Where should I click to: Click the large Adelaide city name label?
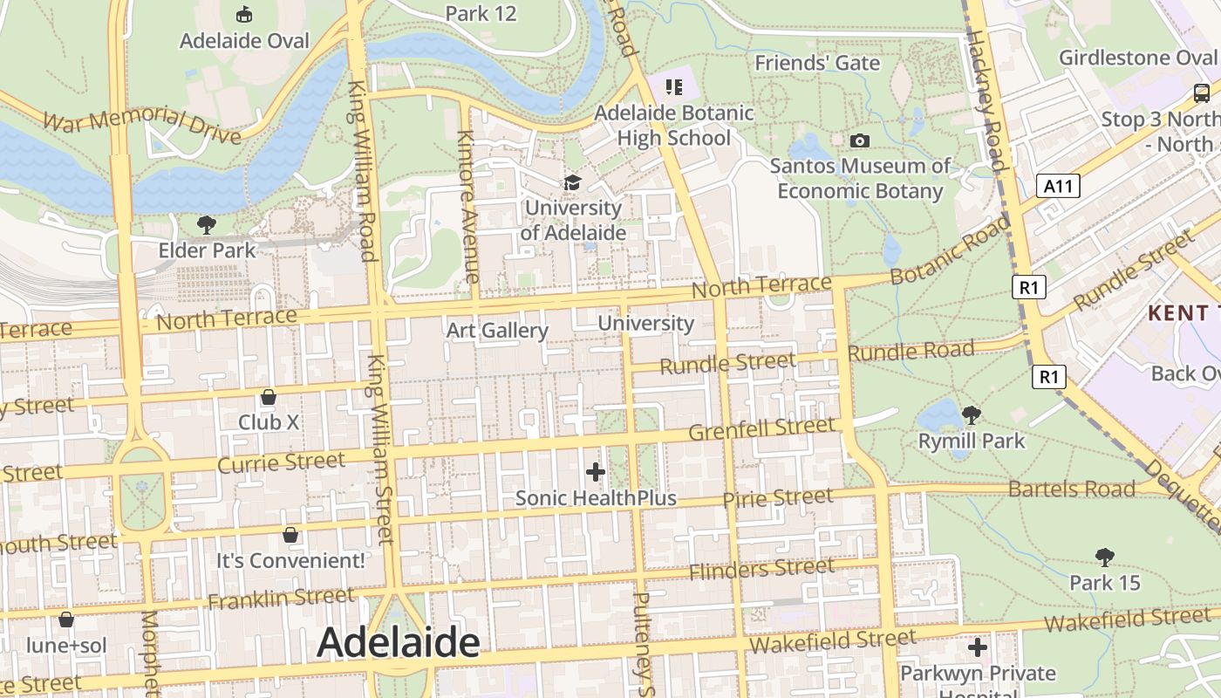[398, 643]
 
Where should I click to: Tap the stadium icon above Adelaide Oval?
[245, 15]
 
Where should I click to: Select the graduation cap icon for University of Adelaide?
[572, 182]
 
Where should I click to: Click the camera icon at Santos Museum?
[860, 140]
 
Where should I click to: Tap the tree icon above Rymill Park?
[971, 415]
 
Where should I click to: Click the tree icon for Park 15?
[1105, 557]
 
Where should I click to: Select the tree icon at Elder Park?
[207, 226]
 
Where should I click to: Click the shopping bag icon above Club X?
[269, 397]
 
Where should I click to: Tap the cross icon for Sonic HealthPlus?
[596, 473]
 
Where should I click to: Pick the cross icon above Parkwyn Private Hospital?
[978, 647]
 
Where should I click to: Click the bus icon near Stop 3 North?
[1202, 92]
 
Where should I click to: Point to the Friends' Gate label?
[817, 63]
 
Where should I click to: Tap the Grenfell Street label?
[761, 429]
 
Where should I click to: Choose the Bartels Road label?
[1072, 489]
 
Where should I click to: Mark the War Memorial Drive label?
[141, 127]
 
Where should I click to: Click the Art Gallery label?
[497, 331]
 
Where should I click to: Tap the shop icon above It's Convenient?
[290, 534]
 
